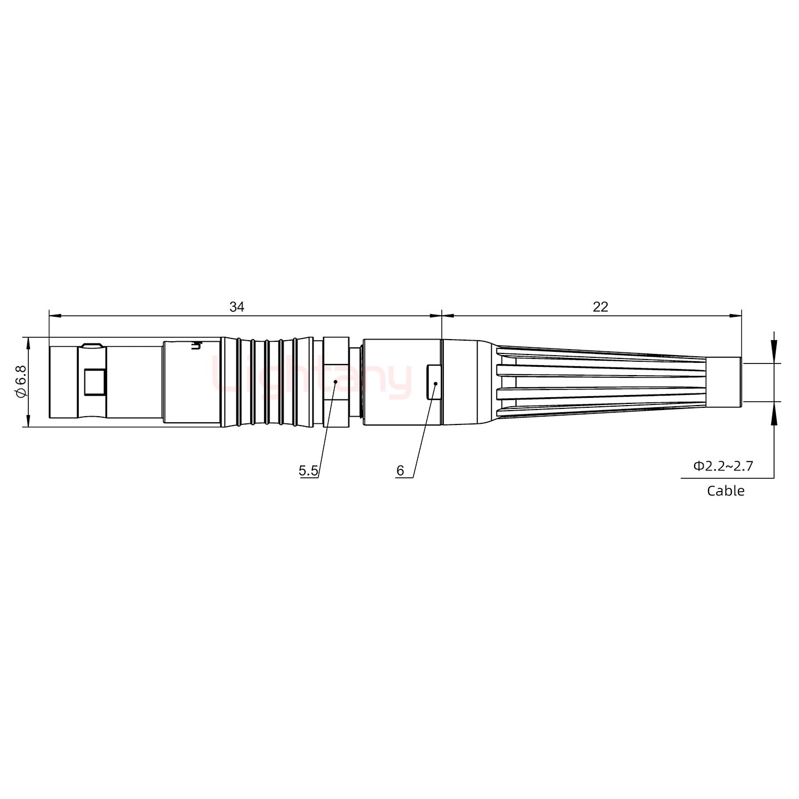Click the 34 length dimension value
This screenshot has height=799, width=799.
click(237, 306)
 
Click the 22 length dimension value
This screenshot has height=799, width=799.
click(600, 306)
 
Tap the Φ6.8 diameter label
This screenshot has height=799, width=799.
click(21, 382)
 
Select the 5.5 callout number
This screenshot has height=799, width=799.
click(308, 471)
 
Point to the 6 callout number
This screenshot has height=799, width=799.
click(400, 471)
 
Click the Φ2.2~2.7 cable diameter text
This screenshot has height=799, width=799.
click(723, 466)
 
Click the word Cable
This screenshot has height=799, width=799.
click(725, 490)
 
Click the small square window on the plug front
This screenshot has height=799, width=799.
click(94, 382)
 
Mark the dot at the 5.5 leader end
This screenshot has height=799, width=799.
click(336, 382)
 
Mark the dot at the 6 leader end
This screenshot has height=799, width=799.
click(436, 383)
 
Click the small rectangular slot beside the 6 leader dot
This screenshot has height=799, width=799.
click(433, 382)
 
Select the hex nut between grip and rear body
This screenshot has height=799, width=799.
click(336, 382)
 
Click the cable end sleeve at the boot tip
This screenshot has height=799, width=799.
click(726, 382)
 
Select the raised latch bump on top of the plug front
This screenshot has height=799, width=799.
click(90, 346)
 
